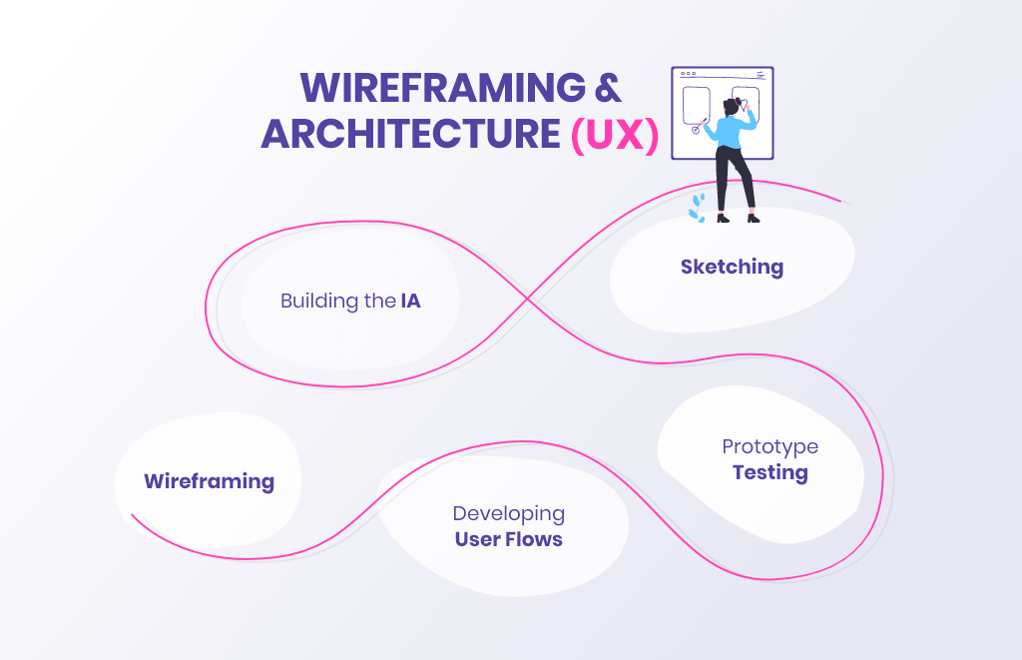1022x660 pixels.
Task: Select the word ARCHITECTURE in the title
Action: click(410, 135)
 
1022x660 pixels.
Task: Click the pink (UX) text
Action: click(615, 136)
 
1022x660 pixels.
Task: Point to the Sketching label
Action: click(732, 267)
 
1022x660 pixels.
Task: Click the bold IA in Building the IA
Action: click(410, 301)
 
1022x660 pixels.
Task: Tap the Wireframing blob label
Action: click(209, 481)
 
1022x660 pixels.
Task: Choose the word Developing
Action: click(508, 513)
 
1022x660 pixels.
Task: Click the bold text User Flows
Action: click(508, 540)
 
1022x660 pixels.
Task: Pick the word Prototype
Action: click(769, 446)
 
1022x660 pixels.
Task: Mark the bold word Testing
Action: click(769, 472)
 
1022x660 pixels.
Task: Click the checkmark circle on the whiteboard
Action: click(695, 129)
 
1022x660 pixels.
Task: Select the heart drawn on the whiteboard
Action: click(744, 104)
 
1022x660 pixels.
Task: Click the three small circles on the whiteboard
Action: click(689, 74)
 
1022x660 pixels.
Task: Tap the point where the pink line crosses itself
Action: click(529, 297)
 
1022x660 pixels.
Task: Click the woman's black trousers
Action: click(737, 180)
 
